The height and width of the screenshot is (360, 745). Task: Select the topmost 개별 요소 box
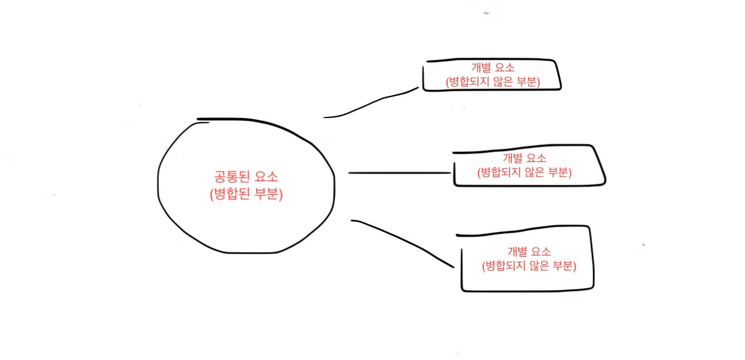(491, 75)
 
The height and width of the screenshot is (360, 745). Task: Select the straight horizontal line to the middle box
(400, 173)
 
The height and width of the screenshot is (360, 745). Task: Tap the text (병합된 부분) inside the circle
(246, 195)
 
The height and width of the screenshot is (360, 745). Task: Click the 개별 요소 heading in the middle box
(524, 158)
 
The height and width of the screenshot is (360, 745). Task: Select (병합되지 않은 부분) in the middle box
(524, 173)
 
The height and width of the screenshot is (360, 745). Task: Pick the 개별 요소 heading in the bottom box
(529, 252)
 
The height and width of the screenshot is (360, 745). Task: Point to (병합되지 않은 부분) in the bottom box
(529, 266)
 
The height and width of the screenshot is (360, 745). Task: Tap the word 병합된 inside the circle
(232, 195)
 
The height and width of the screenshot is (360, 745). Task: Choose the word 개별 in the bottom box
(517, 252)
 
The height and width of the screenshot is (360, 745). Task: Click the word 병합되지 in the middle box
(500, 173)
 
